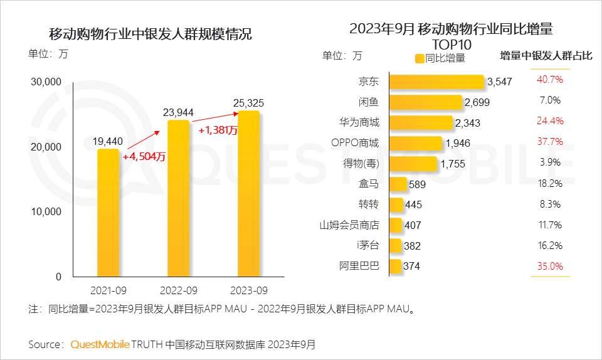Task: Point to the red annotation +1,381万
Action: [218, 130]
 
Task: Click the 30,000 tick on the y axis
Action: [45, 82]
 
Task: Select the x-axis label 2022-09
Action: [178, 290]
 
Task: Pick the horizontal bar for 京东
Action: [436, 82]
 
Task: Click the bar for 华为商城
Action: [421, 123]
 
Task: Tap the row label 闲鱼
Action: [369, 102]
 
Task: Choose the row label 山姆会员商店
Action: [350, 225]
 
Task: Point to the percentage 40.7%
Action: [549, 80]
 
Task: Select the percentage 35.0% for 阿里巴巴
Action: [549, 266]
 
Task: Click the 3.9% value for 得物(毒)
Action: [549, 162]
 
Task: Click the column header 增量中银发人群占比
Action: [546, 56]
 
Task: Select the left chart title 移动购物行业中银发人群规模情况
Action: [150, 34]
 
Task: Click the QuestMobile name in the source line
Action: [100, 344]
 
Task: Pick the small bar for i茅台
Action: [395, 245]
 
